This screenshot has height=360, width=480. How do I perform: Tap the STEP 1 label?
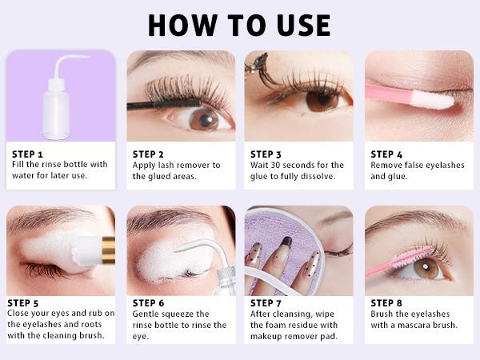point(28,154)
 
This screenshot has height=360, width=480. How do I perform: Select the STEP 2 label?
point(149,154)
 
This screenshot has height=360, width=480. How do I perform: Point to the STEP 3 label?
point(266,154)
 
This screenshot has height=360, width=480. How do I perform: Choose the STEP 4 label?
point(387,154)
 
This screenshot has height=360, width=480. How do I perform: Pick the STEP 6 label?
point(149,302)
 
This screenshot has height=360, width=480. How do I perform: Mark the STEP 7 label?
point(266,302)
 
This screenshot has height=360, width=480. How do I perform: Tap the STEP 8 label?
point(387,302)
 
